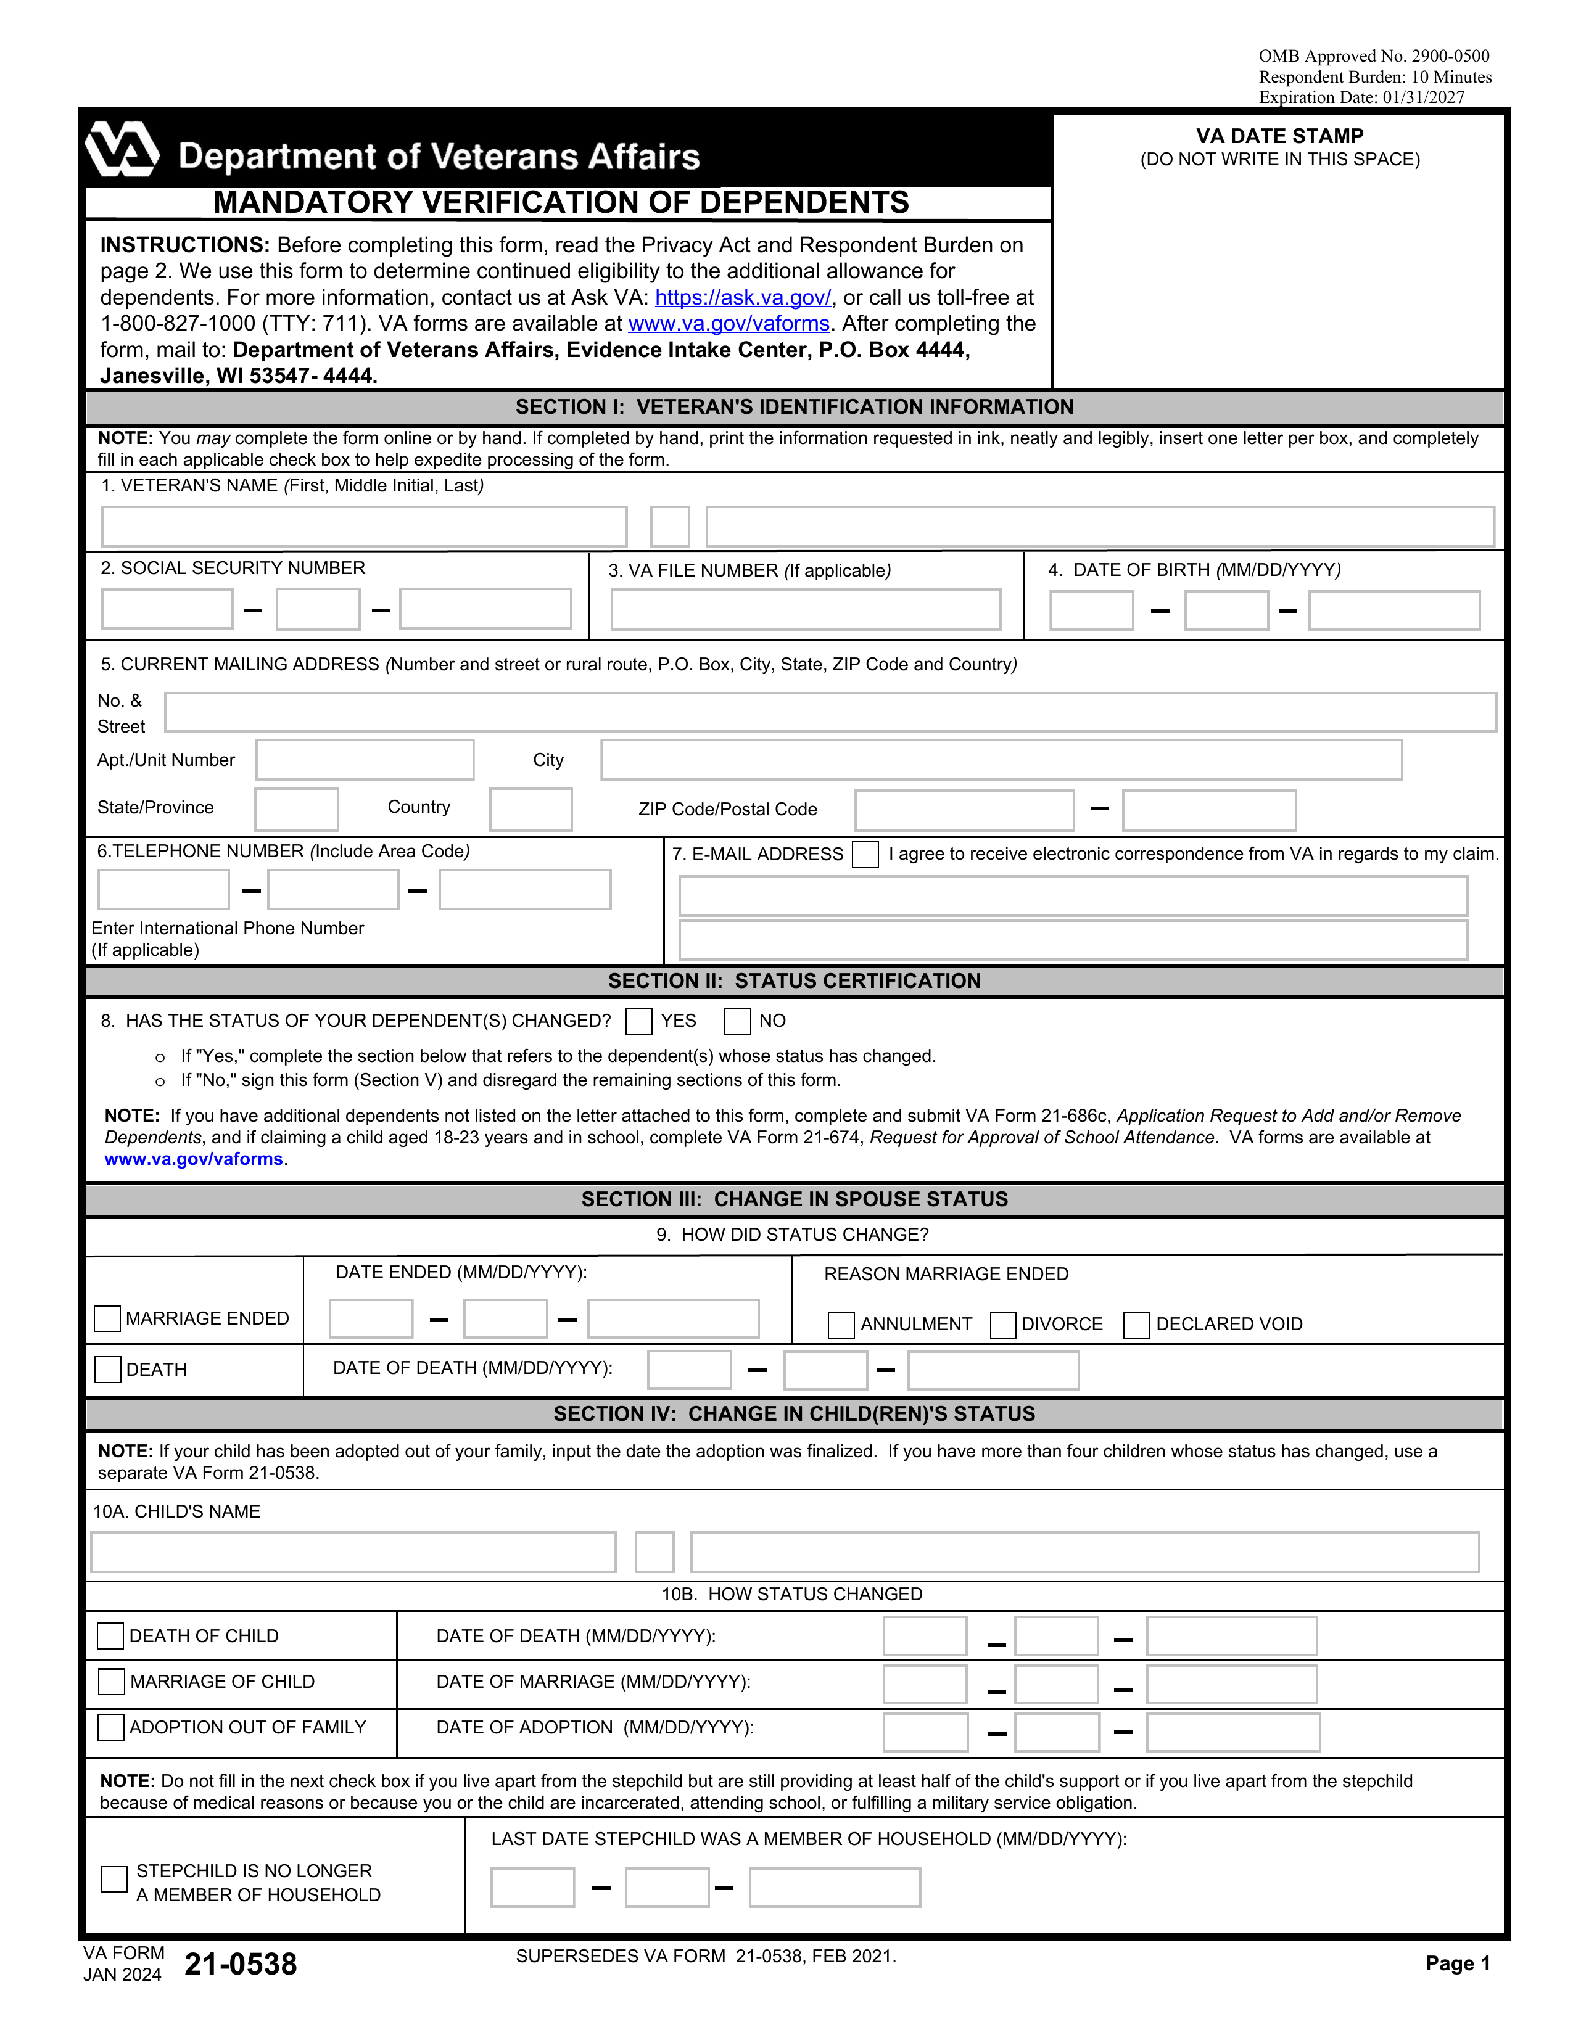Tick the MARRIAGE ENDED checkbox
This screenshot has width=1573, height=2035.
[x=107, y=1318]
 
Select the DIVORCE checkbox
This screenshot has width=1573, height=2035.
[x=1002, y=1325]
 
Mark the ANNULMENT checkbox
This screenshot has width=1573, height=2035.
[x=841, y=1325]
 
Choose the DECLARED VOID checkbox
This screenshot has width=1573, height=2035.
[x=1136, y=1325]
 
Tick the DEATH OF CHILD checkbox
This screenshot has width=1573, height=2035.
[x=110, y=1636]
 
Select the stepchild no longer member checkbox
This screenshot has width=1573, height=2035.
[x=114, y=1880]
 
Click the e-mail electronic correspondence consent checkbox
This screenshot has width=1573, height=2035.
[x=865, y=855]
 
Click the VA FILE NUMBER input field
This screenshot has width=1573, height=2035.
[x=805, y=609]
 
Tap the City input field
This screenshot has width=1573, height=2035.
[x=1001, y=759]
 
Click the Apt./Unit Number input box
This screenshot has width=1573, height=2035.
[x=365, y=759]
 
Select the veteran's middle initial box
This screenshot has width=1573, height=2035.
[x=669, y=527]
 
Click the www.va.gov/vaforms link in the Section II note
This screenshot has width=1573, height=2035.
[x=193, y=1159]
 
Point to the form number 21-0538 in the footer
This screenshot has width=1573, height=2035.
[x=241, y=1964]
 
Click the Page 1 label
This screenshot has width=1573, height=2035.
[x=1458, y=1963]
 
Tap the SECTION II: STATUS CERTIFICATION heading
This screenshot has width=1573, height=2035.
[x=794, y=981]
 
